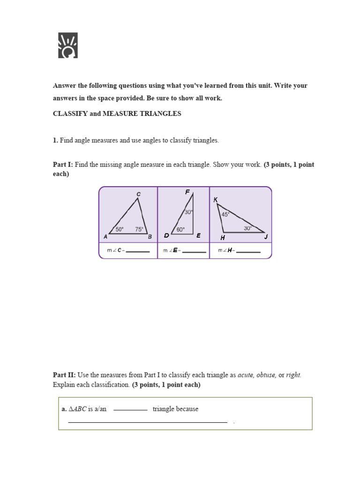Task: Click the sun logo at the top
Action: pos(68,45)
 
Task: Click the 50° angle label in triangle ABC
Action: pos(120,229)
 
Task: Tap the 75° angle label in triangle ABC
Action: pos(139,229)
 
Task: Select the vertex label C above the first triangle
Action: pos(138,194)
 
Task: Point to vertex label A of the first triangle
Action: pos(105,237)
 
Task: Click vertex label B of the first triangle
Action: pos(150,237)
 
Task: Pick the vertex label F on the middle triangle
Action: pos(187,192)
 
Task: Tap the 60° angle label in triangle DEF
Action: pos(180,230)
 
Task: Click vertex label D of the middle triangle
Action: pos(166,236)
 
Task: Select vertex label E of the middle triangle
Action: pos(199,236)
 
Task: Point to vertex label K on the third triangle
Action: pos(216,200)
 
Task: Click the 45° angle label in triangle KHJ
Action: pos(225,214)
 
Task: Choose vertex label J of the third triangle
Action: pos(266,237)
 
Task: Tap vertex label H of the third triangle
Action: pos(223,238)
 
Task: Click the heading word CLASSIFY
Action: pos(70,114)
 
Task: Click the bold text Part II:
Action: pos(64,375)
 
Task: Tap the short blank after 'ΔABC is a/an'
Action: pos(130,409)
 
